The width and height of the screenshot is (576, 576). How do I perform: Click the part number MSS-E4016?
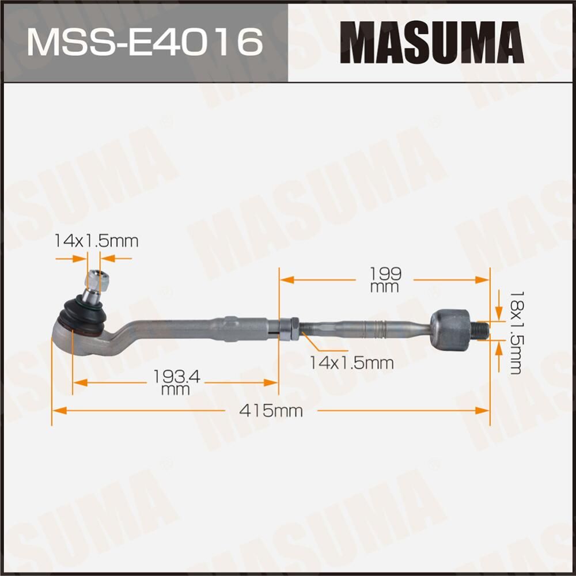[144, 41]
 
